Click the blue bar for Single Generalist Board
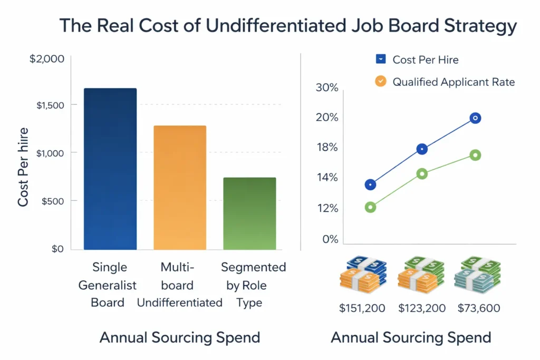click(x=110, y=169)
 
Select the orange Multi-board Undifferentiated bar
click(x=180, y=188)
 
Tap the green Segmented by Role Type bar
click(x=249, y=213)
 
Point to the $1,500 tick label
click(x=50, y=105)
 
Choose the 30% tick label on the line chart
click(x=326, y=87)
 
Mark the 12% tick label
click(x=326, y=209)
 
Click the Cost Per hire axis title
click(x=23, y=167)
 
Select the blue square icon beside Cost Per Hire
click(x=381, y=59)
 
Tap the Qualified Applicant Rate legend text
click(x=454, y=82)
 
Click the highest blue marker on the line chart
click(x=475, y=118)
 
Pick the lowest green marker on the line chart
click(x=370, y=207)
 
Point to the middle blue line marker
click(x=422, y=149)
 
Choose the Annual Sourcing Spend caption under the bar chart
click(x=180, y=337)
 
